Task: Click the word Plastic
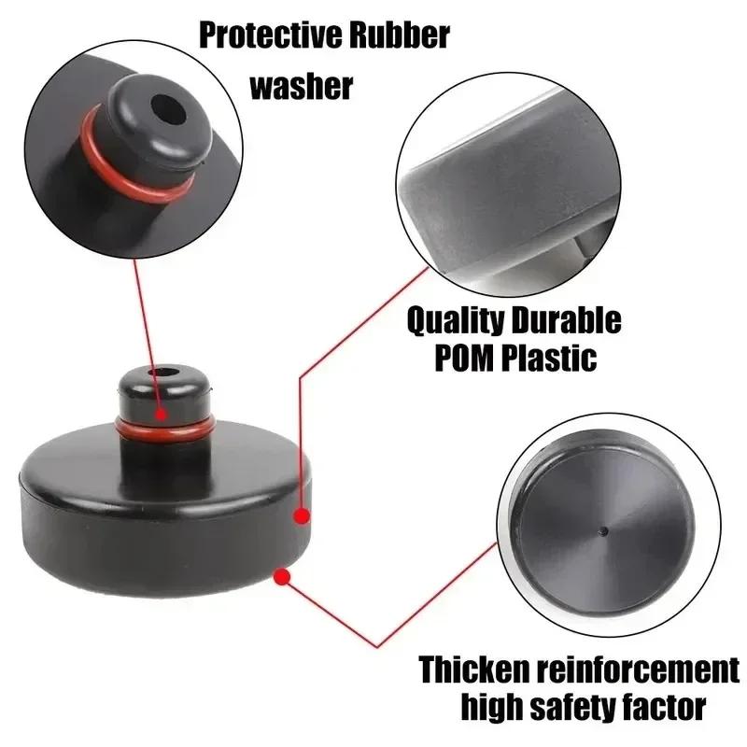[551, 359]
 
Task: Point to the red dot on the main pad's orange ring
[162, 412]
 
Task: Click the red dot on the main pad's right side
[301, 514]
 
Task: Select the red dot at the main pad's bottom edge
[281, 577]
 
